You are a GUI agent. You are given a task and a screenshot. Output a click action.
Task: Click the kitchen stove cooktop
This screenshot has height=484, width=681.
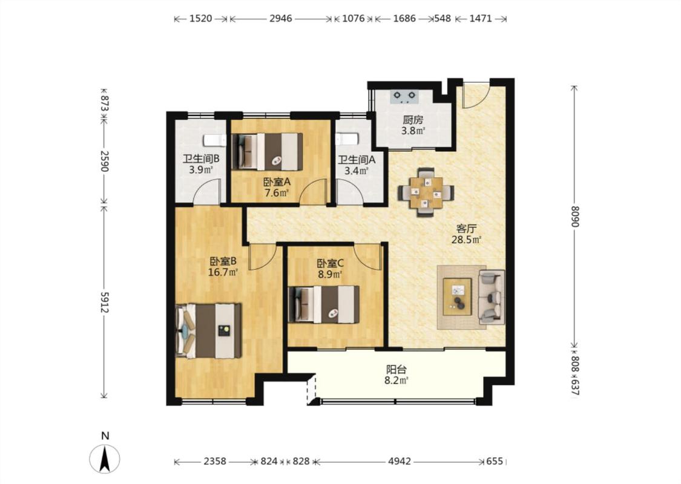[x=404, y=97]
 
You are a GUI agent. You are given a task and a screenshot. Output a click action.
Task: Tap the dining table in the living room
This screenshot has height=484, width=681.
[x=426, y=192]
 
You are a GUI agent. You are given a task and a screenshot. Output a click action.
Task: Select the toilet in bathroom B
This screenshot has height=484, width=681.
[x=215, y=140]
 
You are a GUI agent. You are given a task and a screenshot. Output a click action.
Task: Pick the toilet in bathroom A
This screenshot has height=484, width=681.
[x=347, y=139]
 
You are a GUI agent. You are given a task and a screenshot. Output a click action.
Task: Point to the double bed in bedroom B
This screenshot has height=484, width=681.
[x=208, y=331]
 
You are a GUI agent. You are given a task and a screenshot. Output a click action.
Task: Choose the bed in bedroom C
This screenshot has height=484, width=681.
[x=324, y=304]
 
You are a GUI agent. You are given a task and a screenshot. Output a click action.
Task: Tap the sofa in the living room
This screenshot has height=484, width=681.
[x=492, y=297]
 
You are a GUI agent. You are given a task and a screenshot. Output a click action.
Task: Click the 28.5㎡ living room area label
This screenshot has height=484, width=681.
[x=467, y=240]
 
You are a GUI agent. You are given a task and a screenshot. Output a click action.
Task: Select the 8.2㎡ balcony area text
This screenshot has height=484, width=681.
[x=397, y=381]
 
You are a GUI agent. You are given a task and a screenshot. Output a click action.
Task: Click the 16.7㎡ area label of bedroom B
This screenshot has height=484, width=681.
[x=223, y=273]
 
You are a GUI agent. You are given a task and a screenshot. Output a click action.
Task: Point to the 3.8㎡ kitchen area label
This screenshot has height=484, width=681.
[x=413, y=131]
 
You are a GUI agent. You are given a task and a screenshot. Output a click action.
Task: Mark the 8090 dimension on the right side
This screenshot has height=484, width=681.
[x=575, y=216]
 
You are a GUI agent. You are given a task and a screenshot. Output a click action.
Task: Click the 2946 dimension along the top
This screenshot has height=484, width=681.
[x=280, y=19]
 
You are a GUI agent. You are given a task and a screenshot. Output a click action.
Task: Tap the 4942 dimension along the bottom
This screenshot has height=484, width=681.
[x=399, y=461]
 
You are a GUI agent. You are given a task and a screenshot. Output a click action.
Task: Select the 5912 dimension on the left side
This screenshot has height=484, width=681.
[x=104, y=302]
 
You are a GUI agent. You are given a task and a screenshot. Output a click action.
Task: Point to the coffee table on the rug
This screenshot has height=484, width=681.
[x=457, y=297]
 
